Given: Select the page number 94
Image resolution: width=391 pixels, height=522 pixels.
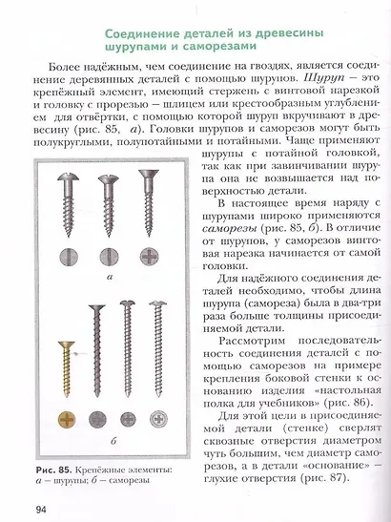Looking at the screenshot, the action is [28, 508].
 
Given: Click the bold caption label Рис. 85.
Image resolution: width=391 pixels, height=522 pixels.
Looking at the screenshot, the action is [53, 470].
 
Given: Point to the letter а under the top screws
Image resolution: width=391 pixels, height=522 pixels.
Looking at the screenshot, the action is [110, 275].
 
